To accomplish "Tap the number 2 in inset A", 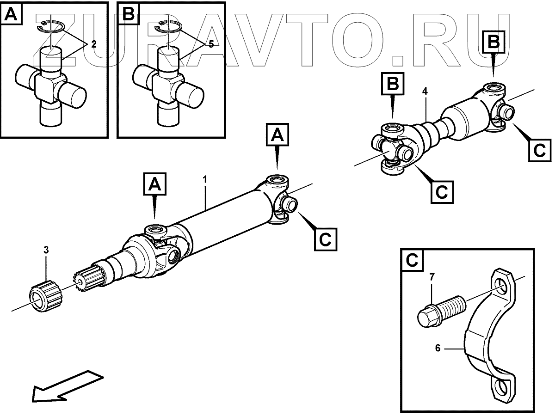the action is point(93,44).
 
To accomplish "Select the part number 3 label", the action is point(46,250).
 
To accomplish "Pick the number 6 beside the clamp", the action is point(437,347).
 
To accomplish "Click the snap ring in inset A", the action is point(51,26).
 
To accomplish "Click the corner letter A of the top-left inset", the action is point(11,16).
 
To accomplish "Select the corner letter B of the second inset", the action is point(128,15).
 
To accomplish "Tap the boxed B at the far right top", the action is point(493,43).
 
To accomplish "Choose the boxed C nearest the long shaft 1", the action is point(325,239).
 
